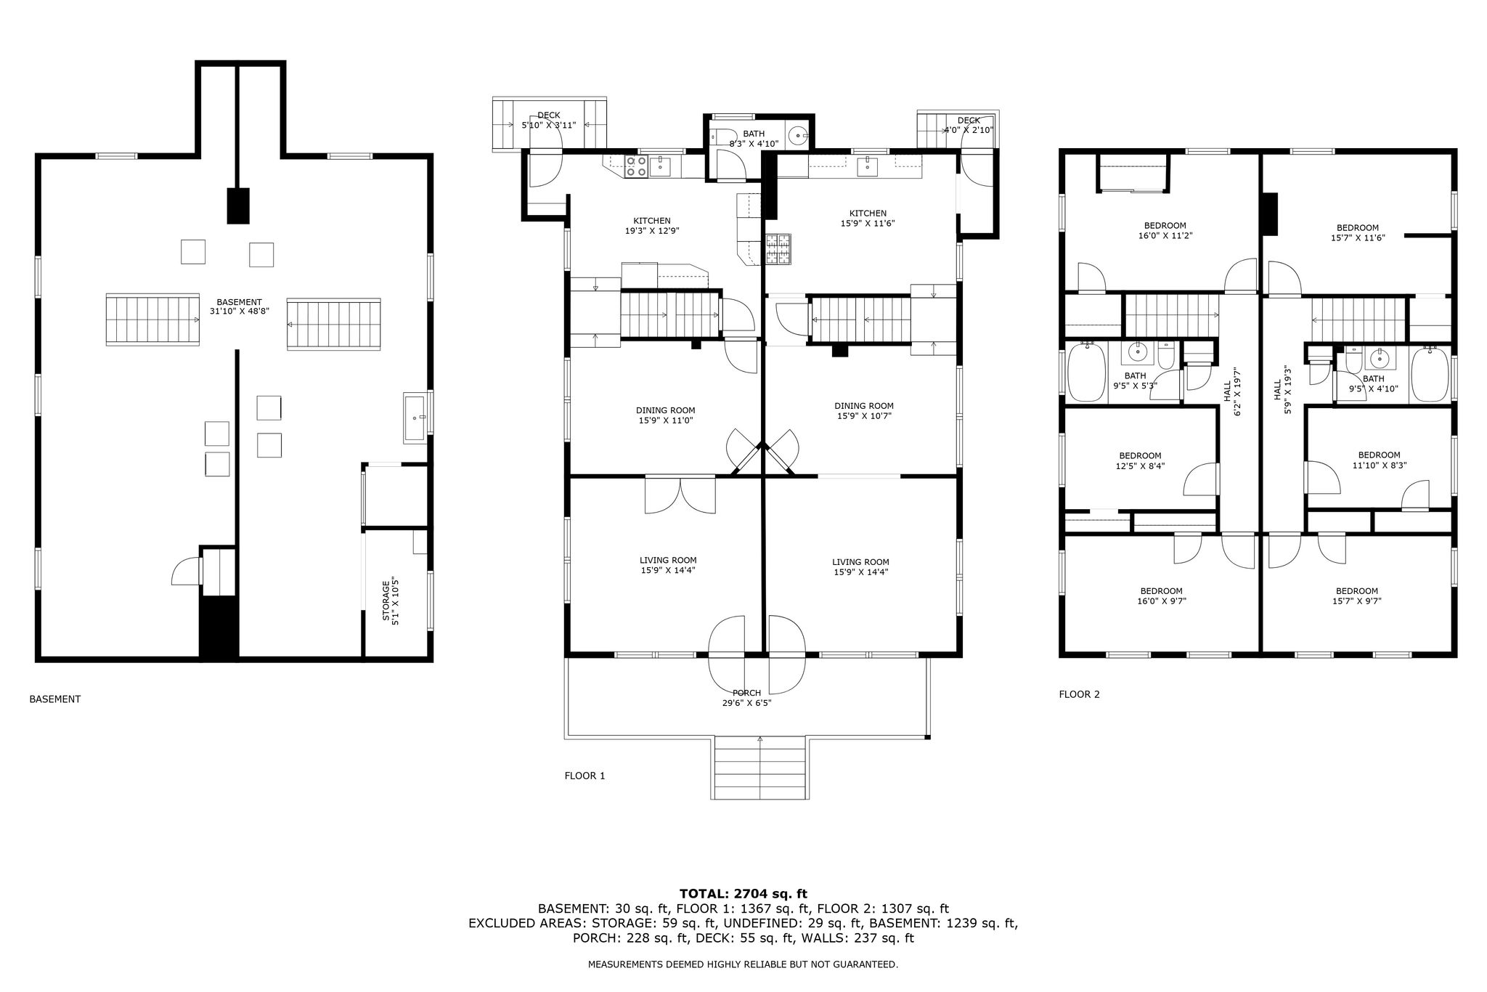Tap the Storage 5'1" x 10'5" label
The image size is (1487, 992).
click(391, 599)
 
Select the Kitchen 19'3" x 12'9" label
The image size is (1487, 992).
click(652, 226)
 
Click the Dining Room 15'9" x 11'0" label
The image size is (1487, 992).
click(666, 415)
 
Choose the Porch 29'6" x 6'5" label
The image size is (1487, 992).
click(746, 698)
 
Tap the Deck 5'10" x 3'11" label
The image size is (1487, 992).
click(549, 121)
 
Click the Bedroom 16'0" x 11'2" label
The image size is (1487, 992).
click(1165, 230)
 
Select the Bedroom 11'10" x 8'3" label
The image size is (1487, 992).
click(1379, 460)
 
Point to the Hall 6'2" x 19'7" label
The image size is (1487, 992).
click(1233, 393)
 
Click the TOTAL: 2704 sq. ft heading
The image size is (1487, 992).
click(743, 894)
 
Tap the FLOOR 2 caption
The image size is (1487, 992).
click(1079, 694)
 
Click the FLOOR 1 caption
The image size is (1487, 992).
click(584, 776)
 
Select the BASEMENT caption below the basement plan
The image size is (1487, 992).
click(54, 699)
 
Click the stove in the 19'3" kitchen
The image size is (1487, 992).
click(636, 166)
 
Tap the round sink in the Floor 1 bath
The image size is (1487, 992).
click(798, 135)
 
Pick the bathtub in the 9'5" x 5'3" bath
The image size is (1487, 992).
click(1087, 372)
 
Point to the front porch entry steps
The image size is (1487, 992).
click(759, 768)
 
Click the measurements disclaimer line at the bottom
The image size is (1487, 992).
click(743, 964)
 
